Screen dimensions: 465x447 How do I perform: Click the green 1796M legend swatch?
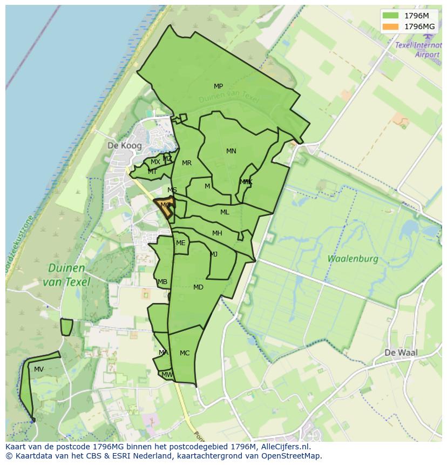(x=391, y=16)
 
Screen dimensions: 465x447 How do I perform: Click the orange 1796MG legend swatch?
(x=391, y=26)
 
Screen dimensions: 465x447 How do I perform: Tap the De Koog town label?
(x=125, y=146)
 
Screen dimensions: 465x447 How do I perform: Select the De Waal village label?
(x=401, y=353)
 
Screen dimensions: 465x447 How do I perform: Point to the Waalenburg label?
(x=353, y=259)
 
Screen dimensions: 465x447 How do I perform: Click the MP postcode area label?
(x=218, y=86)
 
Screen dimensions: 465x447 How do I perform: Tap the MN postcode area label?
(x=231, y=151)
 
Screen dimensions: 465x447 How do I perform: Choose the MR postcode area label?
(x=187, y=163)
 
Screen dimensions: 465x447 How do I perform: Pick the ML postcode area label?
(x=225, y=212)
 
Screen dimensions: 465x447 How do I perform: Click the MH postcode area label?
(x=217, y=233)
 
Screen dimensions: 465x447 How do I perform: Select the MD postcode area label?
(x=198, y=287)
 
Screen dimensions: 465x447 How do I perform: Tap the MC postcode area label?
(x=185, y=353)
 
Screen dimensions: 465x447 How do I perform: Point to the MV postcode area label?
(x=39, y=369)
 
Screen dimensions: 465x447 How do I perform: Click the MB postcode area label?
(x=162, y=282)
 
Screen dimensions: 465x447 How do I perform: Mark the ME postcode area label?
(x=180, y=243)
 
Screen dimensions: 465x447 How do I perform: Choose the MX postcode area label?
(x=155, y=162)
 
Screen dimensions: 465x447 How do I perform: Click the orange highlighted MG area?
(x=165, y=206)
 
